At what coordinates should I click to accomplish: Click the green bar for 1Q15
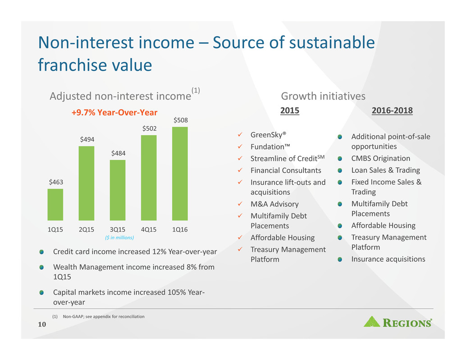(55, 205)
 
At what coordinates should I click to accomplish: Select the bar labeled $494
(87, 183)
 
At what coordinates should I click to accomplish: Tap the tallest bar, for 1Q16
(180, 174)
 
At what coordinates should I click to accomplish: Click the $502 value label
(150, 128)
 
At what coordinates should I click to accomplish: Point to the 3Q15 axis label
(118, 230)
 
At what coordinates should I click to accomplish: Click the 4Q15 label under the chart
(149, 230)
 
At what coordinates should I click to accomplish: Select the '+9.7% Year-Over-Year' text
(114, 113)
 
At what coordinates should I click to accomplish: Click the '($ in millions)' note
(119, 237)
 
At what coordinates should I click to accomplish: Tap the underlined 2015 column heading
(290, 110)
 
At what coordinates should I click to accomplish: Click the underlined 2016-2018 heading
(392, 110)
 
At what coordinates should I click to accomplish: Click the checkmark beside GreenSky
(240, 135)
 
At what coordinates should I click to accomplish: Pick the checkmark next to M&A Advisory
(240, 204)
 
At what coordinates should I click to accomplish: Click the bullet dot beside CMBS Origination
(340, 159)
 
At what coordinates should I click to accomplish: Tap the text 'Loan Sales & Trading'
(386, 170)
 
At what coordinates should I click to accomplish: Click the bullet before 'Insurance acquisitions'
(340, 260)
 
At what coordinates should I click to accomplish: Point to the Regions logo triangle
(372, 322)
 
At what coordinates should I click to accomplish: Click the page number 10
(42, 324)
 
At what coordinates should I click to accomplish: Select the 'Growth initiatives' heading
(323, 96)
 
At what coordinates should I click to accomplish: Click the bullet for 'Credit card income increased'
(41, 252)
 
